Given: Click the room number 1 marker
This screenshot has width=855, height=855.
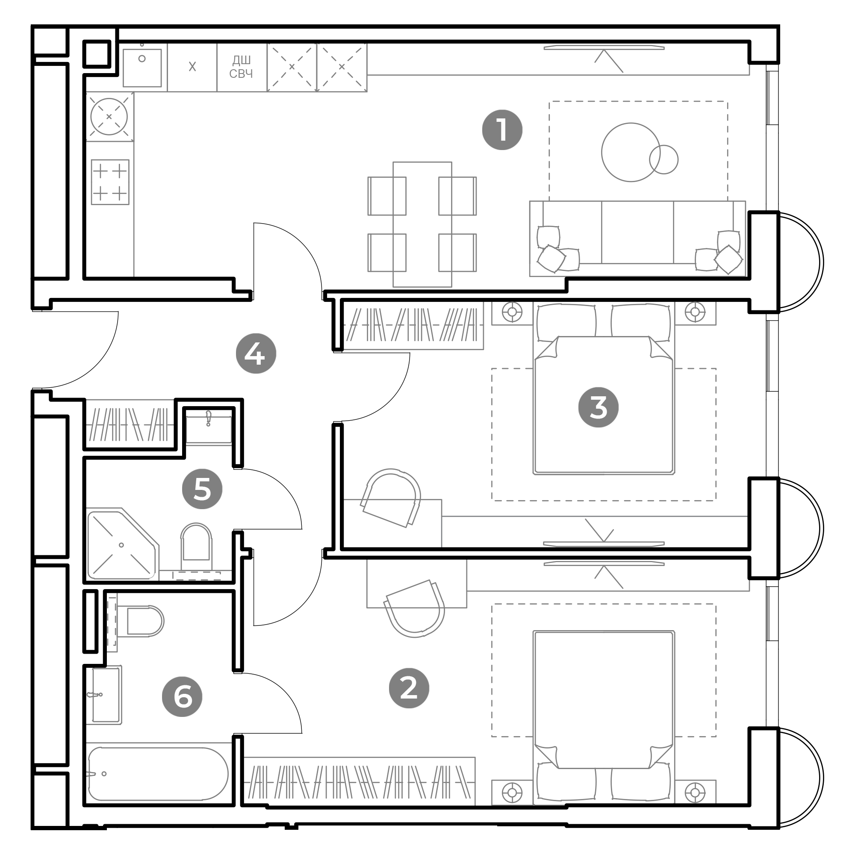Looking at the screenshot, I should pyautogui.click(x=502, y=130).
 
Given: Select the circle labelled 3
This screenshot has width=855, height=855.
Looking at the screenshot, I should pyautogui.click(x=598, y=407).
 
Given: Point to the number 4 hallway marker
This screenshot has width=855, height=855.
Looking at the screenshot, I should pyautogui.click(x=256, y=354).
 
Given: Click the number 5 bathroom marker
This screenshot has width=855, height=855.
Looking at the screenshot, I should pyautogui.click(x=202, y=489).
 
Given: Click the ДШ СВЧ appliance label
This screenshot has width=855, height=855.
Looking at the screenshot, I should pyautogui.click(x=241, y=67).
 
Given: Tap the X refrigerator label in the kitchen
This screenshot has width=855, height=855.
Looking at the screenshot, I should pyautogui.click(x=192, y=67).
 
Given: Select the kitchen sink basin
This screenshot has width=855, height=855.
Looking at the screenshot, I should pyautogui.click(x=142, y=67).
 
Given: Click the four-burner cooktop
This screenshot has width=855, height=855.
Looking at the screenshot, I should pyautogui.click(x=110, y=182).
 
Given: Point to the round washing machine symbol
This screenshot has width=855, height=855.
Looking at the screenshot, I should pyautogui.click(x=109, y=117).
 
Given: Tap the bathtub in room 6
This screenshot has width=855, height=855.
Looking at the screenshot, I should pyautogui.click(x=158, y=774).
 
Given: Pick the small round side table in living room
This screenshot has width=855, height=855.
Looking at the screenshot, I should pyautogui.click(x=663, y=159).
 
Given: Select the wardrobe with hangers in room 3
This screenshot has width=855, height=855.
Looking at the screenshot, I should pyautogui.click(x=413, y=325).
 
